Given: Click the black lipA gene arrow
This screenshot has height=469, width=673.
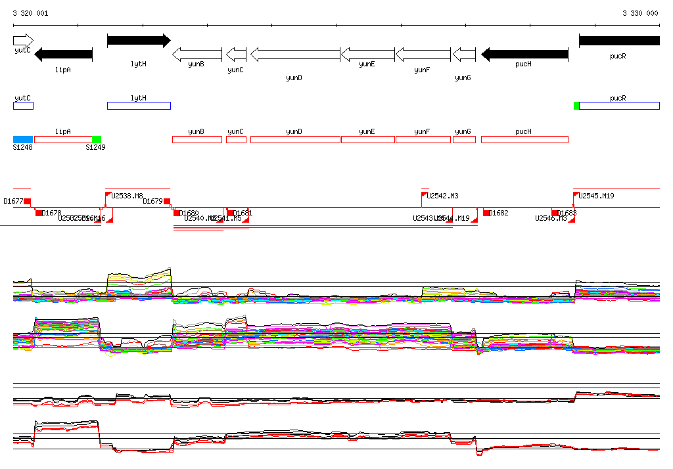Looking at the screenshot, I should (63, 54).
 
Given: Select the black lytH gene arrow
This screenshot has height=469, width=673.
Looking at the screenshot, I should (138, 41).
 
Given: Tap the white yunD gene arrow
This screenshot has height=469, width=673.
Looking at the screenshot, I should (295, 54).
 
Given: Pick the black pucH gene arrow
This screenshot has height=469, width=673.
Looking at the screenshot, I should (524, 54).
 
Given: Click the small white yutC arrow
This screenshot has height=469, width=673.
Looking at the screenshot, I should (22, 41).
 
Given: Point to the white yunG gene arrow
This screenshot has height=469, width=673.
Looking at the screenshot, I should (464, 54).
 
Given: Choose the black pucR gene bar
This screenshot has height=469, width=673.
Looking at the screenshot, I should (618, 41).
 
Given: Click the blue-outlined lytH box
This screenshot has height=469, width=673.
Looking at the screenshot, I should (139, 106).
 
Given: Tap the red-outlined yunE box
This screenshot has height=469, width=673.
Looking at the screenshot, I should (367, 139).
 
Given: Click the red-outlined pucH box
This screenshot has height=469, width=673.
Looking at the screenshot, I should (524, 139).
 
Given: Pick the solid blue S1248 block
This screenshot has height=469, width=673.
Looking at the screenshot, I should (23, 139).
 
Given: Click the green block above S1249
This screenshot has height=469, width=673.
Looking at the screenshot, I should (97, 139).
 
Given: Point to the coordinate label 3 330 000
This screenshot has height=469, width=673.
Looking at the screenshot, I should (640, 13).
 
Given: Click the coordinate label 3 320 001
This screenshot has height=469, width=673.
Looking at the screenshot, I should (30, 13).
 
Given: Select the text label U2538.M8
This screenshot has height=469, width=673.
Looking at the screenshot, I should (127, 196).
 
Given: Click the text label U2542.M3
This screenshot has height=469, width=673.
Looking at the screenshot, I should (442, 196).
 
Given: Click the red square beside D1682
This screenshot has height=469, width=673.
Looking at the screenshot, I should (486, 213).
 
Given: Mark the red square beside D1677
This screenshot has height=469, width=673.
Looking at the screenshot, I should (28, 201).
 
